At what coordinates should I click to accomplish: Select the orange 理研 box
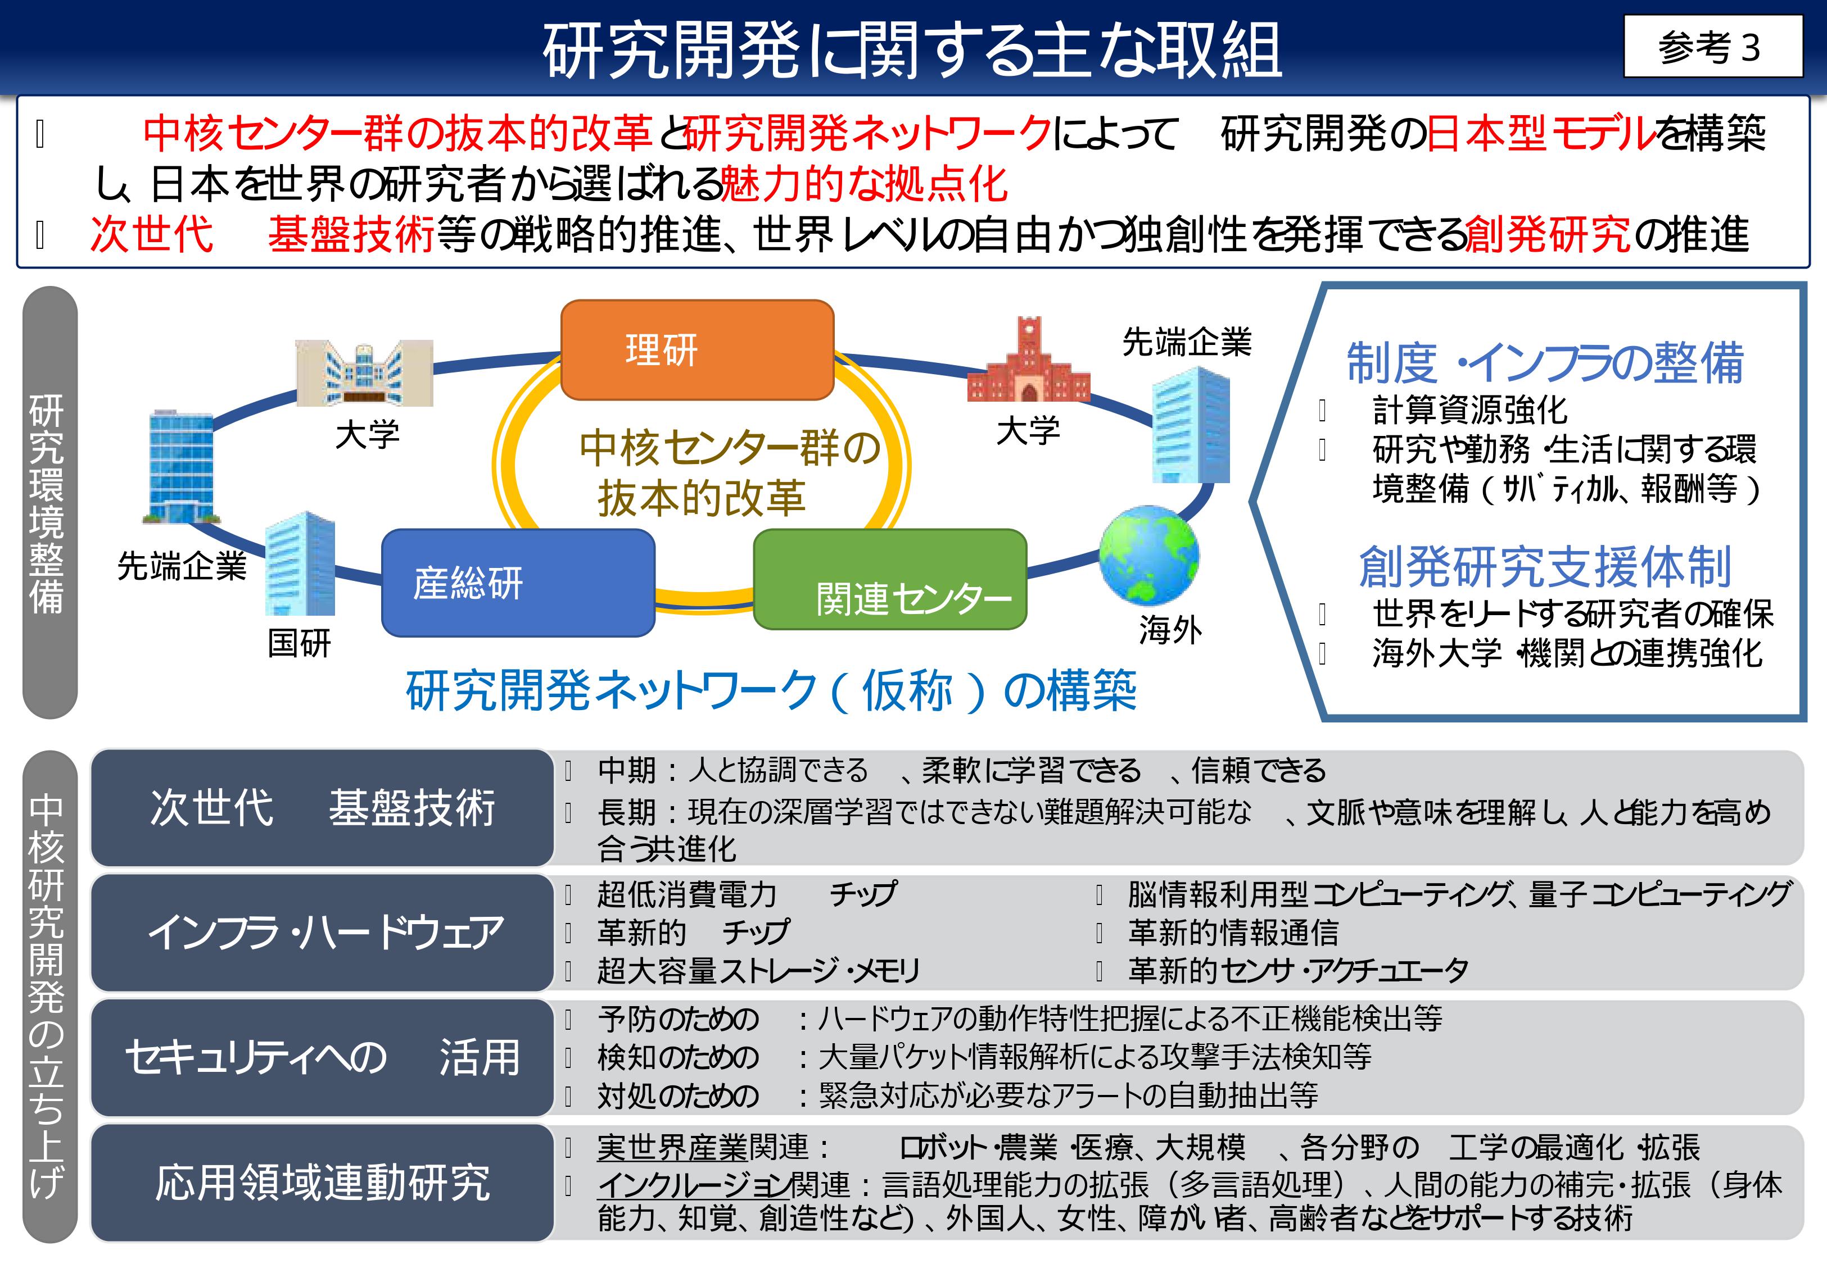(697, 349)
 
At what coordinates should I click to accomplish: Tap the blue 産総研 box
(518, 583)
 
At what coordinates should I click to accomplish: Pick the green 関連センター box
(890, 580)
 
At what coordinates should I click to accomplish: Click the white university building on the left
(364, 373)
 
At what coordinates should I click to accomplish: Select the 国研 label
(299, 643)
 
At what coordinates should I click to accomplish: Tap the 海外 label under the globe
(1170, 630)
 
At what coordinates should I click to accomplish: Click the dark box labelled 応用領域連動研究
(323, 1183)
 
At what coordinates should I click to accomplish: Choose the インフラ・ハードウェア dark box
(323, 932)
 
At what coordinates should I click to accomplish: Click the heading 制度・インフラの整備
(1545, 363)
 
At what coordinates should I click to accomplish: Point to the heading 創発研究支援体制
(1545, 567)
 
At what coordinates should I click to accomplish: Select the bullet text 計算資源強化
(1469, 410)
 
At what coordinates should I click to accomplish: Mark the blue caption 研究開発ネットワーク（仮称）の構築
(771, 690)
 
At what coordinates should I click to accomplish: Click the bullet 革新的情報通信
(1233, 932)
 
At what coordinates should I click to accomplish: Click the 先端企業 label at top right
(1187, 342)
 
